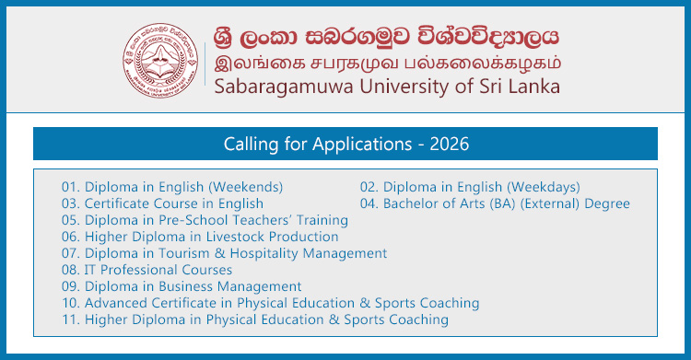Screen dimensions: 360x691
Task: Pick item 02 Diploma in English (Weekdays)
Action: click(x=469, y=187)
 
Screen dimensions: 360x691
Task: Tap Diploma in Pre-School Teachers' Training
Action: click(x=205, y=220)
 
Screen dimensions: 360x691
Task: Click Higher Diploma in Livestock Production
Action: click(x=200, y=237)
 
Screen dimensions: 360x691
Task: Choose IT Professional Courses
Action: click(x=146, y=270)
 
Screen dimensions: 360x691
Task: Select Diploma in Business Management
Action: click(x=182, y=286)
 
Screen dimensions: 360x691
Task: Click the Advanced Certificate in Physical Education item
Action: click(x=270, y=303)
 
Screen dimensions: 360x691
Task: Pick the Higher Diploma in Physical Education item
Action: click(x=255, y=319)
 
